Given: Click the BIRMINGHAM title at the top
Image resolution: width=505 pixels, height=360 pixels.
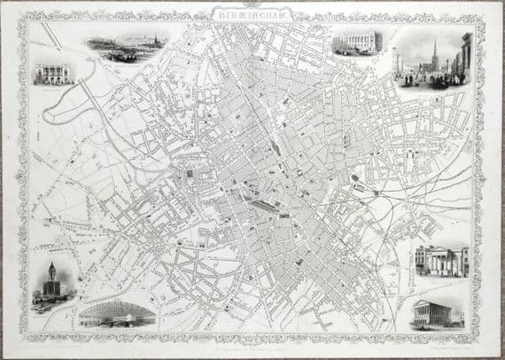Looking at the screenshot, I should (252, 15).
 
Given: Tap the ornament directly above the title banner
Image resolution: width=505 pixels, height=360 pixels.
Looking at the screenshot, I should (252, 5).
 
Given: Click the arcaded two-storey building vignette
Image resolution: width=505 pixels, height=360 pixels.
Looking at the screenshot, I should (53, 74).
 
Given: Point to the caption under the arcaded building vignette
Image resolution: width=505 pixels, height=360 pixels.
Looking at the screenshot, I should (53, 87).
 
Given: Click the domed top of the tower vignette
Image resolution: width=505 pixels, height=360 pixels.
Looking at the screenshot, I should (52, 267).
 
